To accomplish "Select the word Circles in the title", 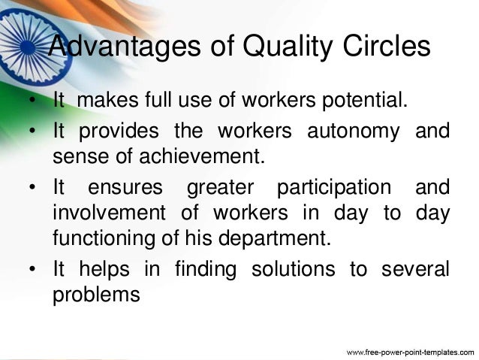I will coord(381,47).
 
